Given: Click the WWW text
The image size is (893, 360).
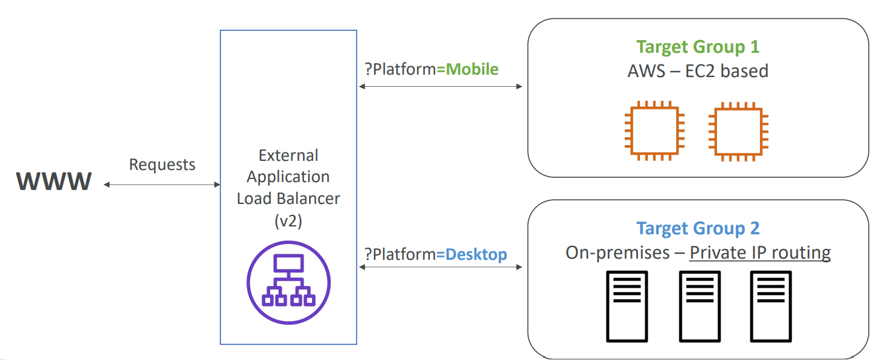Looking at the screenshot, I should click(54, 181).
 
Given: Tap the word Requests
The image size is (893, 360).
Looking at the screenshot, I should click(162, 165).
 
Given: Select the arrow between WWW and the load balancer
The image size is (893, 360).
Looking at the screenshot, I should click(162, 185).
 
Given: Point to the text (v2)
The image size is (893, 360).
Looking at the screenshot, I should click(288, 221).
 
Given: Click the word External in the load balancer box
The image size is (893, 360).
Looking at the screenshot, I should click(288, 155).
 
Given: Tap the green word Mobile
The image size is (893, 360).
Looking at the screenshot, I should click(472, 69).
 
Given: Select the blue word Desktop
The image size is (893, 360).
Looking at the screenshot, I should click(476, 254).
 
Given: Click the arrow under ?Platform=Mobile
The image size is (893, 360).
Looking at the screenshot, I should click(441, 87).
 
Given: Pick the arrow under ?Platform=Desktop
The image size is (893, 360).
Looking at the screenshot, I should click(441, 267).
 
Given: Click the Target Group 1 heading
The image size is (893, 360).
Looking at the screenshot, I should click(698, 47).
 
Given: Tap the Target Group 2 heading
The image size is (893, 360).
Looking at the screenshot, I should click(698, 228).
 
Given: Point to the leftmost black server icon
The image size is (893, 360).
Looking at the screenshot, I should click(627, 305).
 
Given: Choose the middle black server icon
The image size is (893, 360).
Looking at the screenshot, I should click(699, 305).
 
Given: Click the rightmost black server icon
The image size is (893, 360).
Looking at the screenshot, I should click(771, 305).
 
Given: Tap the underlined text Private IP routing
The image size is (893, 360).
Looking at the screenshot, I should click(760, 253).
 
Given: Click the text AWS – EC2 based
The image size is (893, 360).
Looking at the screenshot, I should click(698, 71).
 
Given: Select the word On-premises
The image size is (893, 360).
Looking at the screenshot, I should click(609, 253).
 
